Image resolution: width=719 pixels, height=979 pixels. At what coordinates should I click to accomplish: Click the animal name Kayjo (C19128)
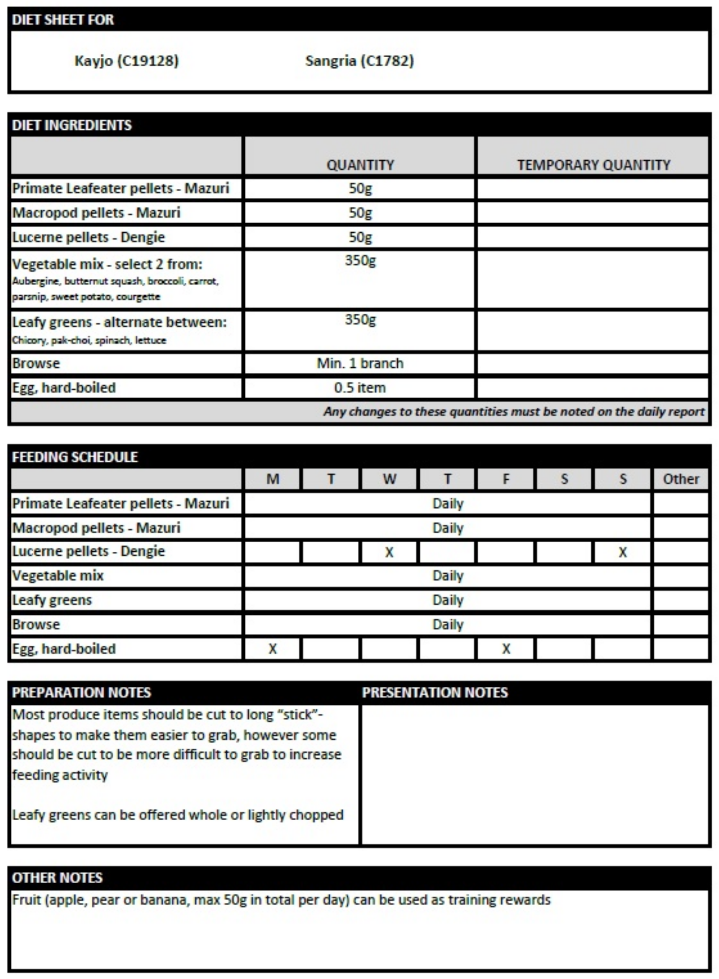click(x=126, y=61)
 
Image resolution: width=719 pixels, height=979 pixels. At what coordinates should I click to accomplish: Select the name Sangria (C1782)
click(x=359, y=61)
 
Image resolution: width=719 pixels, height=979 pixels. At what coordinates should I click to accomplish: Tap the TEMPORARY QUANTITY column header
click(x=593, y=165)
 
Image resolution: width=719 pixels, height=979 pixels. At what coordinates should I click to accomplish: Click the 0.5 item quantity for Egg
click(x=360, y=387)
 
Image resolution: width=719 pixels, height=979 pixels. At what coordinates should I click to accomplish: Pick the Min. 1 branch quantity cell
click(x=360, y=363)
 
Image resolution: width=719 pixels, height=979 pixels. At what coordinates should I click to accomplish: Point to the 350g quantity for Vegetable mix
click(x=360, y=260)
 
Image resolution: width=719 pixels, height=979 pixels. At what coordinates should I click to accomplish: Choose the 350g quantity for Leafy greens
click(x=360, y=319)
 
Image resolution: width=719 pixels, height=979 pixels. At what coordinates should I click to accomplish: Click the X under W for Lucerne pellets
click(x=389, y=552)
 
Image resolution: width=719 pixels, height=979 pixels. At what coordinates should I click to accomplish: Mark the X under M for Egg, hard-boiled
click(x=272, y=649)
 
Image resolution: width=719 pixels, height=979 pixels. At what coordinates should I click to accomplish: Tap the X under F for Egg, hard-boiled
click(x=506, y=649)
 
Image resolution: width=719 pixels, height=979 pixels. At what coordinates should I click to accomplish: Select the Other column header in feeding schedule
click(x=681, y=479)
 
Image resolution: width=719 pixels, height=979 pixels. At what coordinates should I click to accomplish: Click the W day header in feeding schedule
click(x=389, y=479)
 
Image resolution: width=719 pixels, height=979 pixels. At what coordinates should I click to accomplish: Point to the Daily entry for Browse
click(x=447, y=625)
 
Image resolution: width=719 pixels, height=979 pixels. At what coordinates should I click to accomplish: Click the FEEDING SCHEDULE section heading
click(x=75, y=457)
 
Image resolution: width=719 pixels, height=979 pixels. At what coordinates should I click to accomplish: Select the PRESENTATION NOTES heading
click(x=435, y=693)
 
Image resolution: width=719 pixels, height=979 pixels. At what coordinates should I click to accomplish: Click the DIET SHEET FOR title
click(x=63, y=20)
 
